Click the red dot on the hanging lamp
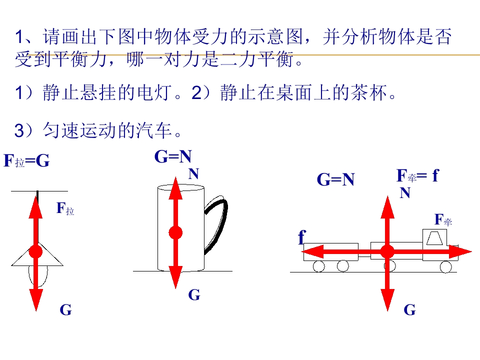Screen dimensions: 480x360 coord(36,251)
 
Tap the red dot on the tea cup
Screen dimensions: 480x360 coord(175,232)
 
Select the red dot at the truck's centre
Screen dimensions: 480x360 coord(387,251)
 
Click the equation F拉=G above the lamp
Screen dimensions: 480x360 coord(26,160)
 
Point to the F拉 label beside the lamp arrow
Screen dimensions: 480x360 coord(65,209)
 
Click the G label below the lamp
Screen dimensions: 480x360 coord(66,309)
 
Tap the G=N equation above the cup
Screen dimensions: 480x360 coord(173,156)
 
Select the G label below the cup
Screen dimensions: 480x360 coord(194,295)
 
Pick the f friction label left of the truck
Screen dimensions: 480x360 coord(302,237)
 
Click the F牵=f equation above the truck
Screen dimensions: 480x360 coord(417,175)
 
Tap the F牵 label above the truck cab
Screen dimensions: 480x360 coord(443,220)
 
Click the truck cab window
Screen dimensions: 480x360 coord(434,238)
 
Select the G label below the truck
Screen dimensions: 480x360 coord(409,309)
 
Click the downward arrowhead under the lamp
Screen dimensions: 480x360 coord(36,300)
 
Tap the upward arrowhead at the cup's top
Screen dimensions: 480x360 coord(175,188)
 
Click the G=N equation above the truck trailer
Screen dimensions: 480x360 coord(335,179)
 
